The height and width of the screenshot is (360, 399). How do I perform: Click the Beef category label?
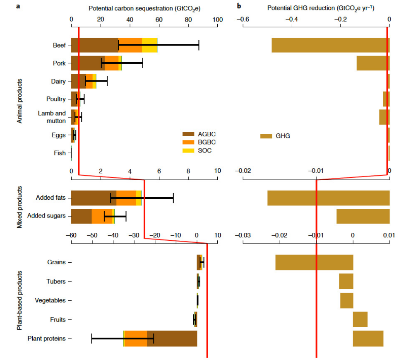tap(59, 45)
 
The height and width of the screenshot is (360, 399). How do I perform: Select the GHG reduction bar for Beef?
tap(330, 45)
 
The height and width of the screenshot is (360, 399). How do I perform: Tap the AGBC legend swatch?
tap(189, 133)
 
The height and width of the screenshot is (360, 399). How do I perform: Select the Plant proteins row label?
tap(46, 338)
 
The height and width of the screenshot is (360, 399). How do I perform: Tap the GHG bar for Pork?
tap(373, 63)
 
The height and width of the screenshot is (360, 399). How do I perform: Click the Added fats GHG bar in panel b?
tap(328, 198)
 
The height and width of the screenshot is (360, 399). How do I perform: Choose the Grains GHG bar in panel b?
tap(314, 262)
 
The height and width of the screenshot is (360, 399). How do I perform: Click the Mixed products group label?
tap(19, 206)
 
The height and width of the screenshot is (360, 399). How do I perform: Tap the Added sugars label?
tap(46, 216)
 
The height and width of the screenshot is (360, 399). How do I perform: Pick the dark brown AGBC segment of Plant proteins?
tap(172, 338)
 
